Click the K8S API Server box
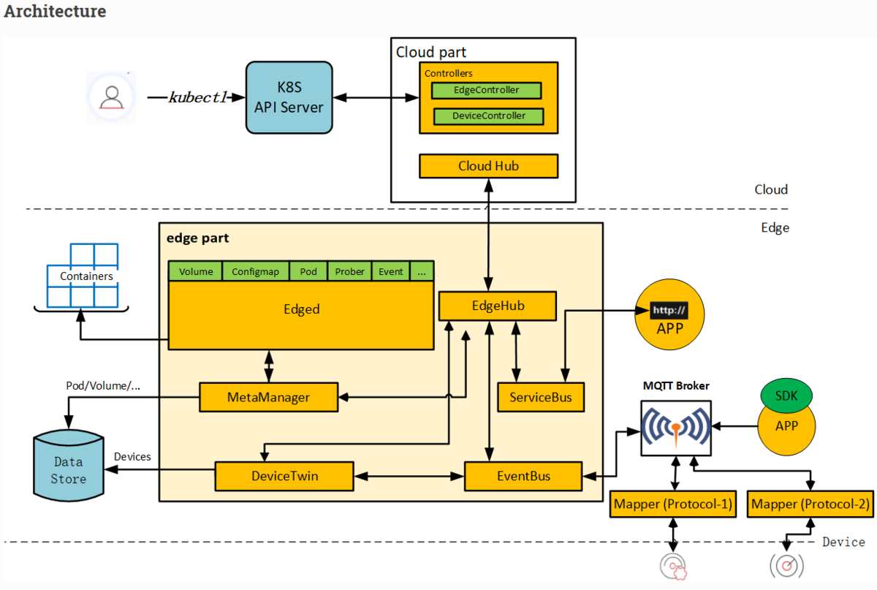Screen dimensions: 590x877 tap(289, 97)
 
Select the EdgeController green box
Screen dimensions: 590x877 tap(486, 91)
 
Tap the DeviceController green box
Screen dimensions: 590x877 tap(489, 116)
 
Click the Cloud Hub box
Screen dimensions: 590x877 tap(488, 166)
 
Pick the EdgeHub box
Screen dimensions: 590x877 tap(497, 306)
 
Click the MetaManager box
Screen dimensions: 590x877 tap(268, 397)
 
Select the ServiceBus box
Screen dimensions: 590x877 tap(540, 397)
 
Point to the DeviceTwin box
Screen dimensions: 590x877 tap(284, 476)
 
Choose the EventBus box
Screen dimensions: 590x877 tap(523, 476)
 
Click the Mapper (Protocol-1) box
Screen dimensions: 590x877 tap(672, 504)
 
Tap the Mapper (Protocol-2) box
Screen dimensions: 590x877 tap(810, 504)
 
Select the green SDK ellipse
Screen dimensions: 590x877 tap(786, 396)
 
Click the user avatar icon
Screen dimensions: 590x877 tap(111, 97)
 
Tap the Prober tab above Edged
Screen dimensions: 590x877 tap(349, 271)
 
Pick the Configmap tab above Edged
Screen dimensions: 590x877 tap(255, 271)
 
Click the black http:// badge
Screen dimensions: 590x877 tap(669, 311)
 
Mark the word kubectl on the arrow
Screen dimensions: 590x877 tap(198, 97)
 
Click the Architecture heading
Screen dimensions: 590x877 tap(56, 12)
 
